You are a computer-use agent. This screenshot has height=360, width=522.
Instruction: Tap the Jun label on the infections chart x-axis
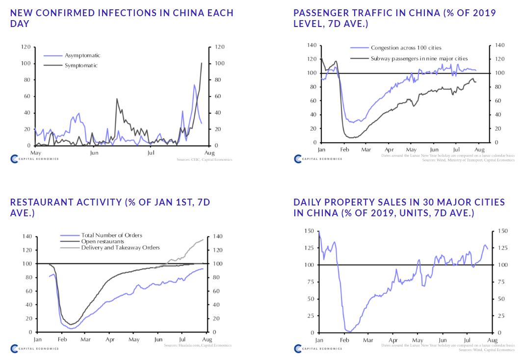click(94, 152)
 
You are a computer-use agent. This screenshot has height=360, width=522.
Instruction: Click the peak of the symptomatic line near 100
click(201, 63)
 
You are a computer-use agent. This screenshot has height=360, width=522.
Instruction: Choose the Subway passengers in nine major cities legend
click(413, 58)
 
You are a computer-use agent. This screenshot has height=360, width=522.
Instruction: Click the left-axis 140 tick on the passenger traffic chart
click(312, 45)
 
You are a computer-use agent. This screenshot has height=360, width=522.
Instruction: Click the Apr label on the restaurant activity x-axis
click(110, 339)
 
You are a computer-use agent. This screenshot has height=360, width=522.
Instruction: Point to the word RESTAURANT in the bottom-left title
click(43, 202)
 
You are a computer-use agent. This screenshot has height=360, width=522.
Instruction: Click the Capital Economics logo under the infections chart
click(34, 159)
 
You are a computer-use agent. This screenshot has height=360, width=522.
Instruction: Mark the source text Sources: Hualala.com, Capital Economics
click(198, 346)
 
